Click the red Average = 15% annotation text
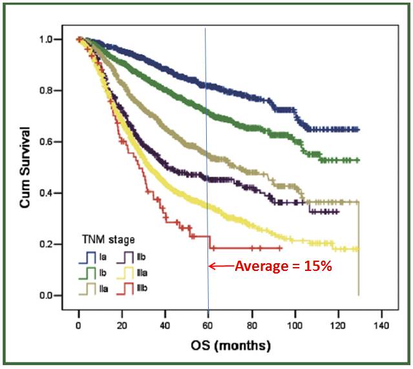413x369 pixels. tap(283, 266)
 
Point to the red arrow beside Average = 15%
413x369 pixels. tap(220, 266)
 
